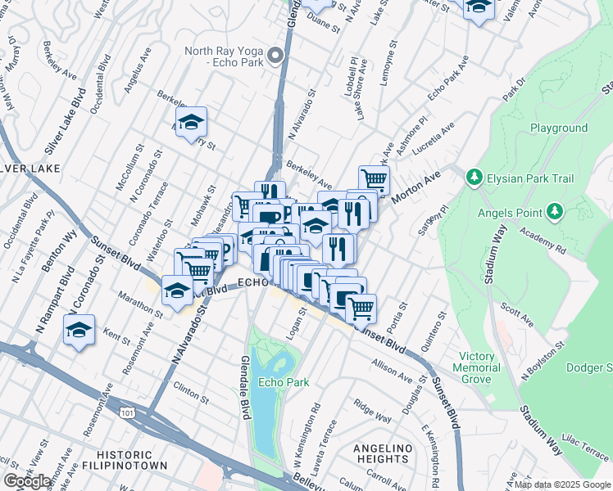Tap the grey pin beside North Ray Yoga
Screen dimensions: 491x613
(276, 56)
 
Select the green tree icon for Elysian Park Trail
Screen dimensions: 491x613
(473, 178)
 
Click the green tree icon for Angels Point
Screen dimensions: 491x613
(556, 213)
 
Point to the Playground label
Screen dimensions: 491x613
(558, 128)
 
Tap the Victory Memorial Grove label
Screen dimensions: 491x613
(477, 368)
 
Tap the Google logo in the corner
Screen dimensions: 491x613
(28, 481)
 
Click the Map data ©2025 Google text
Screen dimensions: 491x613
(562, 484)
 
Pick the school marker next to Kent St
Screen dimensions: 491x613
(79, 331)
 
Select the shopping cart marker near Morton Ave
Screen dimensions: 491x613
(374, 180)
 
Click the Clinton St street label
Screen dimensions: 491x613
(191, 391)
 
